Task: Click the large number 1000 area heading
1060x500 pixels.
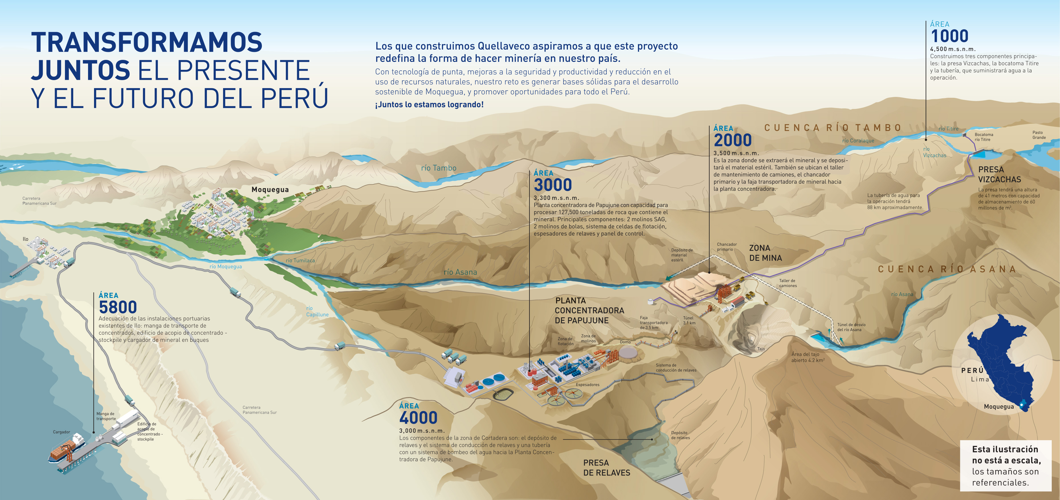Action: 949,36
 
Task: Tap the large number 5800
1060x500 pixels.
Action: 118,307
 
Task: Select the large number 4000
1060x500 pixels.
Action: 418,418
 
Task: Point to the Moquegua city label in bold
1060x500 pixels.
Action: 270,189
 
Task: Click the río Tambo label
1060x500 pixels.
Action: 439,168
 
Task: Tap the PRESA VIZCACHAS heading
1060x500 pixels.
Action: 1000,174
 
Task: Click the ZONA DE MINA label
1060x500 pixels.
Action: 765,253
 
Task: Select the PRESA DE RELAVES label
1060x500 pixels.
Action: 607,468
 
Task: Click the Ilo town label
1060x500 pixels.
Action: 26,239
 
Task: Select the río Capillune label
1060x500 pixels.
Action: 317,312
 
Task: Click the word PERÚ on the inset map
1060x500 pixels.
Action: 972,370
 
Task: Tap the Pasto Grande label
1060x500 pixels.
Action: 1039,135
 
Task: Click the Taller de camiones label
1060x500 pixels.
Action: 788,283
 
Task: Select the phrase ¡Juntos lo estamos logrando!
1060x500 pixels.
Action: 429,105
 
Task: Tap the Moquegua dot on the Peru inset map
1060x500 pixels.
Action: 1021,405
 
